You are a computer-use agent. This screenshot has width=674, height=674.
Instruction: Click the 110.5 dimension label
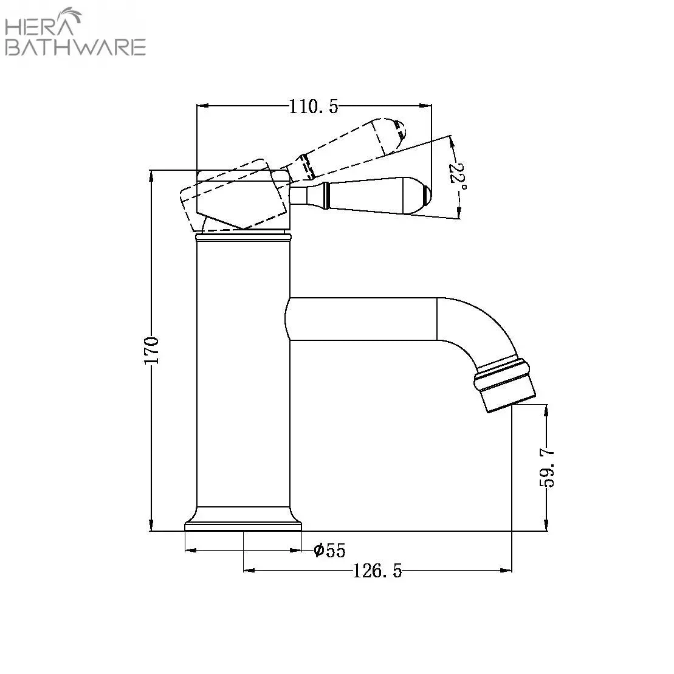pyautogui.click(x=314, y=106)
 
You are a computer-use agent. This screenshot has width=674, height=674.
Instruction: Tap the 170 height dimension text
pyautogui.click(x=151, y=350)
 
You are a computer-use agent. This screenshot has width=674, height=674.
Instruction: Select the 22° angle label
pyautogui.click(x=458, y=177)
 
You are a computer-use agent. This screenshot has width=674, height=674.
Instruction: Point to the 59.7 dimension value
pyautogui.click(x=547, y=469)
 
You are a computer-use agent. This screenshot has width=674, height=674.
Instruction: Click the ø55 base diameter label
pyautogui.click(x=329, y=550)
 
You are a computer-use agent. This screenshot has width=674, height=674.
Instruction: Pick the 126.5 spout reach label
pyautogui.click(x=377, y=571)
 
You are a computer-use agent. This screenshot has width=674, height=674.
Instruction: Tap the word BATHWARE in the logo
pyautogui.click(x=75, y=47)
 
